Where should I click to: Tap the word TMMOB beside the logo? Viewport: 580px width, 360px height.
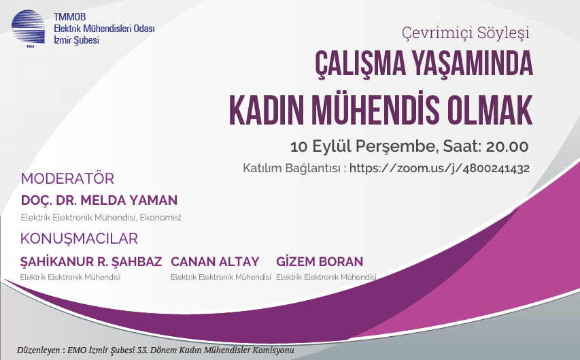pyautogui.click(x=69, y=17)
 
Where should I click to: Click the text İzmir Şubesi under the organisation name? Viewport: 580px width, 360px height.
pyautogui.click(x=77, y=40)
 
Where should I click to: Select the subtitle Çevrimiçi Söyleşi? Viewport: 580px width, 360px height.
pyautogui.click(x=465, y=33)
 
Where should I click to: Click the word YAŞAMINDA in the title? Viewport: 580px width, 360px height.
pyautogui.click(x=473, y=64)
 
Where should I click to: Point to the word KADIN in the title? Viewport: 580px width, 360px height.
pyautogui.click(x=267, y=111)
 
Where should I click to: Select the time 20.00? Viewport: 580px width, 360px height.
pyautogui.click(x=507, y=147)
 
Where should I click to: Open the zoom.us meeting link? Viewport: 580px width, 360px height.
pyautogui.click(x=439, y=169)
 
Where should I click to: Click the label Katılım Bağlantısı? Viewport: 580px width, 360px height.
pyautogui.click(x=291, y=169)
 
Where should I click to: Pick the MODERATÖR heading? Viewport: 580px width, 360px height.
pyautogui.click(x=67, y=179)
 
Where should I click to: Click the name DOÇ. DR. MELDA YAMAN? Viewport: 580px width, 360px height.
pyautogui.click(x=99, y=200)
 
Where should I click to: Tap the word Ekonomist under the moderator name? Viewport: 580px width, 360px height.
pyautogui.click(x=160, y=218)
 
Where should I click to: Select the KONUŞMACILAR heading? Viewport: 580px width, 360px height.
pyautogui.click(x=79, y=239)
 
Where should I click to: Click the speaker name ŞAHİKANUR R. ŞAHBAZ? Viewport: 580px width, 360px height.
pyautogui.click(x=91, y=262)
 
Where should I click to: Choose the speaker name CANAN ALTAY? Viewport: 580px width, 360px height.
pyautogui.click(x=215, y=262)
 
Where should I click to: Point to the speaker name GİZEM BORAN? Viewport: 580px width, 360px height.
pyautogui.click(x=320, y=262)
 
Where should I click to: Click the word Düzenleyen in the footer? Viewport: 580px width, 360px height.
pyautogui.click(x=39, y=350)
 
